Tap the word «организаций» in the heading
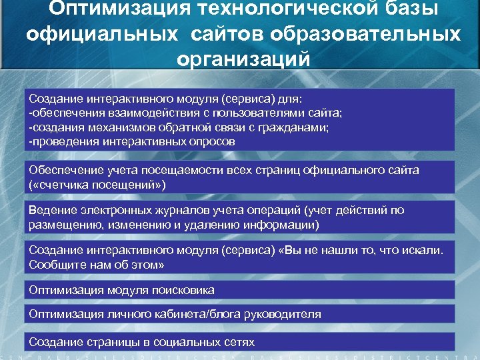[243, 59]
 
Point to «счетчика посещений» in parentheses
[97, 183]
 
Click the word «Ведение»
[49, 211]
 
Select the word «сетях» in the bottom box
[239, 342]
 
